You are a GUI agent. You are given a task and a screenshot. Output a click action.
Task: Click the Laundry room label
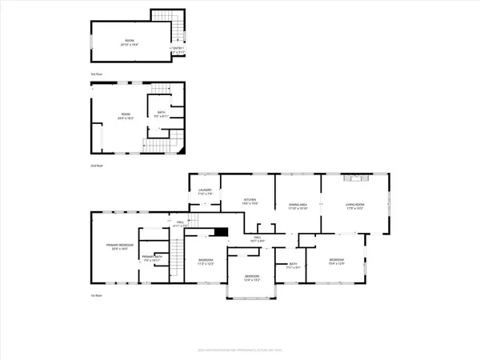pyautogui.click(x=204, y=192)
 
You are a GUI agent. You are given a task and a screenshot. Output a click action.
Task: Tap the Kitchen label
pyautogui.click(x=250, y=202)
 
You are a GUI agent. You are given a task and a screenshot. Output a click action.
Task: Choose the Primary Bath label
pyautogui.click(x=152, y=258)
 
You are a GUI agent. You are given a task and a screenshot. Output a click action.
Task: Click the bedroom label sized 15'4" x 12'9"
pyautogui.click(x=337, y=262)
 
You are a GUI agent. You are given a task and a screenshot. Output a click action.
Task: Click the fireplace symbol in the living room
pyautogui.click(x=355, y=178)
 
